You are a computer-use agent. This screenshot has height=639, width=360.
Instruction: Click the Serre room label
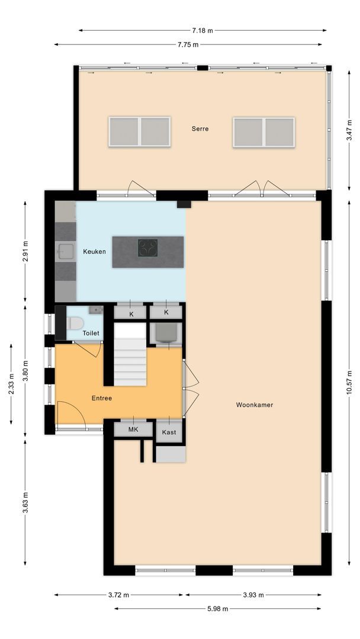[x=200, y=128]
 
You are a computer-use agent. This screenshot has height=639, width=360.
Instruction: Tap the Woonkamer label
[x=255, y=405]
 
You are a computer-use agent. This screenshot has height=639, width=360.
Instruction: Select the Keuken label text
[x=94, y=251]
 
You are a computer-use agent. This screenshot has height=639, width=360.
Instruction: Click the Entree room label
[x=102, y=398]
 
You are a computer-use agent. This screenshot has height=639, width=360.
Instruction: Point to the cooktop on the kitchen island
[x=148, y=247]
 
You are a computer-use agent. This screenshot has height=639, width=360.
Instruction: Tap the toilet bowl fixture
[x=75, y=323]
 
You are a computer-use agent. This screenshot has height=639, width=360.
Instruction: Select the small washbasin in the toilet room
[x=95, y=309]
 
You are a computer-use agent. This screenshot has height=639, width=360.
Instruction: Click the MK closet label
[x=133, y=430]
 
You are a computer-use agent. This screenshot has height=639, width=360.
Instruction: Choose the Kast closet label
[x=169, y=433]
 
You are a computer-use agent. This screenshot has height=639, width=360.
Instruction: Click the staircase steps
[x=130, y=361]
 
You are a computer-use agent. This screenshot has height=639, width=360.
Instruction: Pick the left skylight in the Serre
[x=140, y=131]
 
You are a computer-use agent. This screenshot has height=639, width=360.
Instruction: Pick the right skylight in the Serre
[x=263, y=131]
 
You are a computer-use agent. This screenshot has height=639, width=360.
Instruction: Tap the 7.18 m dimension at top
[x=202, y=30]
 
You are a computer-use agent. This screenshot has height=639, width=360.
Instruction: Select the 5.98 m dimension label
[x=218, y=608]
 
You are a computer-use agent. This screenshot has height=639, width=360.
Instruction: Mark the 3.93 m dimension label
[x=253, y=595]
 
